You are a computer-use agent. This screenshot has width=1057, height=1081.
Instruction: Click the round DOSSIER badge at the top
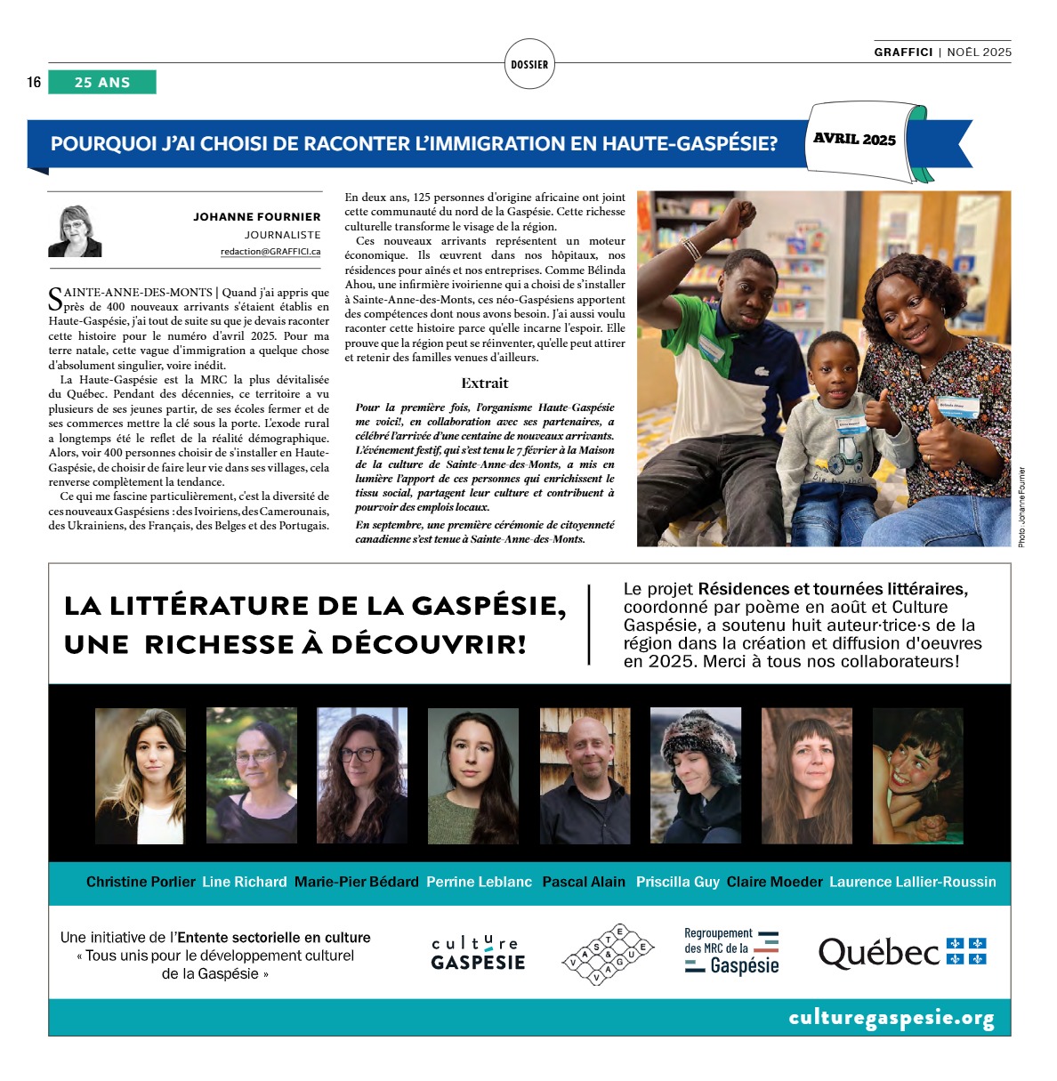(x=529, y=64)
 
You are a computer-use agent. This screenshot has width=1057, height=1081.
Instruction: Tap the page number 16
(x=34, y=83)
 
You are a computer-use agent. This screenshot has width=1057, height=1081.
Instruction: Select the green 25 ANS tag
(x=102, y=82)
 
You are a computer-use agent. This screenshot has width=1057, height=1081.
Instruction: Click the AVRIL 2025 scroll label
(x=854, y=139)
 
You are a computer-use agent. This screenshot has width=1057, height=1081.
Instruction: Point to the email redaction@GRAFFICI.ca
(x=270, y=252)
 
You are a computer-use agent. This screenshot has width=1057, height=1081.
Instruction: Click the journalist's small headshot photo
(x=75, y=232)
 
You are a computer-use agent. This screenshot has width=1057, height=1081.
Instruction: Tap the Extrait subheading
(x=485, y=383)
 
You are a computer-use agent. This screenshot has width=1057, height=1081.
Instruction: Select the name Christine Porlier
(x=141, y=882)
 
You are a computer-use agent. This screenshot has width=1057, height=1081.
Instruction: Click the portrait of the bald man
(x=585, y=776)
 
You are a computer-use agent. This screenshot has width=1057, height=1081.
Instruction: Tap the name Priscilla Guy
(x=677, y=882)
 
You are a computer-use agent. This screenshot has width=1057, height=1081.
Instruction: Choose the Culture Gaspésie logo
(x=478, y=953)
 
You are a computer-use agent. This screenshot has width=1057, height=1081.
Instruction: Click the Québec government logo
(x=901, y=952)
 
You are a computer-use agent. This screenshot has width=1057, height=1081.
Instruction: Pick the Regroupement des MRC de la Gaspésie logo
(x=731, y=951)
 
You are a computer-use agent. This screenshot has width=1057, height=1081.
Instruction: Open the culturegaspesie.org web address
(x=892, y=1018)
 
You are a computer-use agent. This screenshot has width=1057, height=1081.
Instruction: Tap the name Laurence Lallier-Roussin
(x=912, y=882)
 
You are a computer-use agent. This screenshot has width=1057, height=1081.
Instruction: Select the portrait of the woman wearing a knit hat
(x=696, y=776)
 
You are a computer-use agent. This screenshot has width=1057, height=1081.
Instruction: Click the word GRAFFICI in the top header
(x=903, y=52)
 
